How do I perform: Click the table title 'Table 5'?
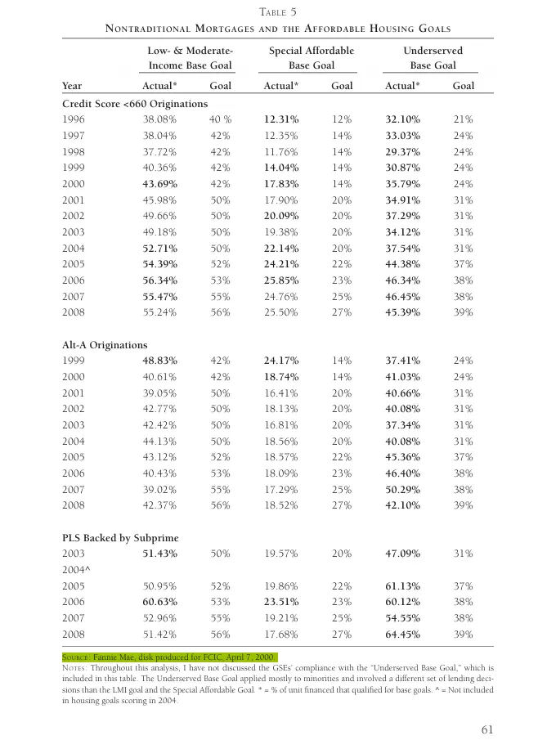tap(279, 11)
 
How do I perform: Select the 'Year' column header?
tap(72, 85)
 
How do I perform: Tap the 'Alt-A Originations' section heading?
tap(105, 344)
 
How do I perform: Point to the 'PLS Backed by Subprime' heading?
tap(120, 537)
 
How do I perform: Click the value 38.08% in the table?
tap(159, 119)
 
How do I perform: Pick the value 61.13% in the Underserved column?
tap(402, 585)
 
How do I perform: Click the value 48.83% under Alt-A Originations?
tap(159, 360)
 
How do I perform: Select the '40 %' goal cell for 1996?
tap(220, 119)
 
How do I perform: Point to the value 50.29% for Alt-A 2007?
tap(402, 489)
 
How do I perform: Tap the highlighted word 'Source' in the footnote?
tap(76, 657)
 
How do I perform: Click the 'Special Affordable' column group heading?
tap(311, 51)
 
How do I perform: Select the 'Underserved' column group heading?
tap(433, 51)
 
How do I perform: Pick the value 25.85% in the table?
tap(280, 280)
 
